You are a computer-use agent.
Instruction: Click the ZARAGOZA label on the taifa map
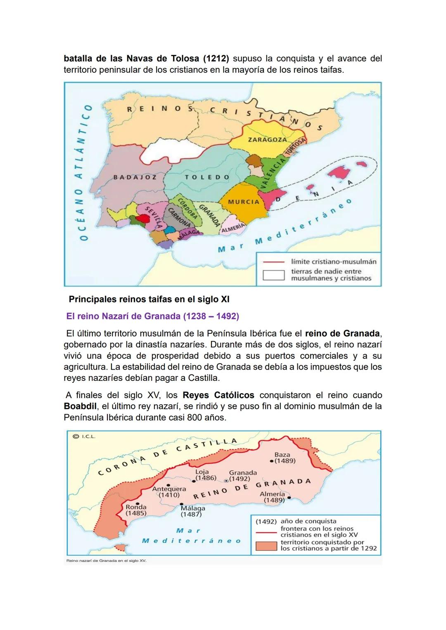point(267,139)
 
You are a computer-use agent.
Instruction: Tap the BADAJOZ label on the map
point(135,177)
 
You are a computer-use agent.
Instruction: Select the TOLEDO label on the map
point(207,177)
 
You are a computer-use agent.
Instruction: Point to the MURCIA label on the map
point(244,202)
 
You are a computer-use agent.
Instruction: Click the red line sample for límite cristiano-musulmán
point(274,262)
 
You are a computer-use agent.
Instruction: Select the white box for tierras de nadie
point(274,275)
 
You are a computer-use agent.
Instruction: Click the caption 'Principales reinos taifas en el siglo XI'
point(149,299)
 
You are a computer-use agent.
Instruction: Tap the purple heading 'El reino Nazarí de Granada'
point(152,316)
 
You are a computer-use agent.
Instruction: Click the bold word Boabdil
point(80,406)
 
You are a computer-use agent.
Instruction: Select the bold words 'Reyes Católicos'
point(218,395)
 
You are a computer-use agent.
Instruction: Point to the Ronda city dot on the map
point(139,503)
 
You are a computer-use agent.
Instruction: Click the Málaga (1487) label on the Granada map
point(193,511)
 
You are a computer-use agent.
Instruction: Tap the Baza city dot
point(271,461)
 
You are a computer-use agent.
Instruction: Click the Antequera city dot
point(168,485)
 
